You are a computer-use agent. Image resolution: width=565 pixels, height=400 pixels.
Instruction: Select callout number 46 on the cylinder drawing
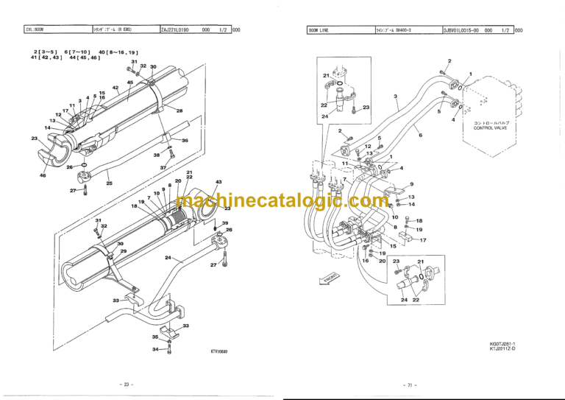click(x=42, y=176)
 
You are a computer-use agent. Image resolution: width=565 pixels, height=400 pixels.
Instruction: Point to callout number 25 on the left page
click(x=109, y=183)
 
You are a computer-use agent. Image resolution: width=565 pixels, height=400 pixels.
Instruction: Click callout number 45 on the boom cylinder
click(x=129, y=82)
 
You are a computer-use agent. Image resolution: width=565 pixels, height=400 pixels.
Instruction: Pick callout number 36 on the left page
click(x=185, y=141)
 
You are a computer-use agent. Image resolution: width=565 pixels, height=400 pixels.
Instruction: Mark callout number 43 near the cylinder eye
click(x=218, y=182)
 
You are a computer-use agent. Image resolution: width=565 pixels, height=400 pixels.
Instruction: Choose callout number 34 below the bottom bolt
click(x=155, y=350)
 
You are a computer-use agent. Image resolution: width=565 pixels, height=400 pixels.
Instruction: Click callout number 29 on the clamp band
click(x=124, y=251)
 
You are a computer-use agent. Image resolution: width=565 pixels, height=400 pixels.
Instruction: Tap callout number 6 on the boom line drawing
click(x=420, y=136)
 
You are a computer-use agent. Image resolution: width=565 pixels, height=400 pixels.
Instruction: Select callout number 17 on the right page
click(x=423, y=240)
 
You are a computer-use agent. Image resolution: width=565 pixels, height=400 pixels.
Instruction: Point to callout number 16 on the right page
click(x=365, y=261)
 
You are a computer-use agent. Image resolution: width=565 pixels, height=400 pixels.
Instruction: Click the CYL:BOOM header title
click(x=35, y=30)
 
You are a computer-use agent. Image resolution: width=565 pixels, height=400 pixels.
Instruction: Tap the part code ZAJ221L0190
click(x=176, y=30)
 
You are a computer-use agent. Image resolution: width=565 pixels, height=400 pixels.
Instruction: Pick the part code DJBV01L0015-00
click(x=461, y=30)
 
